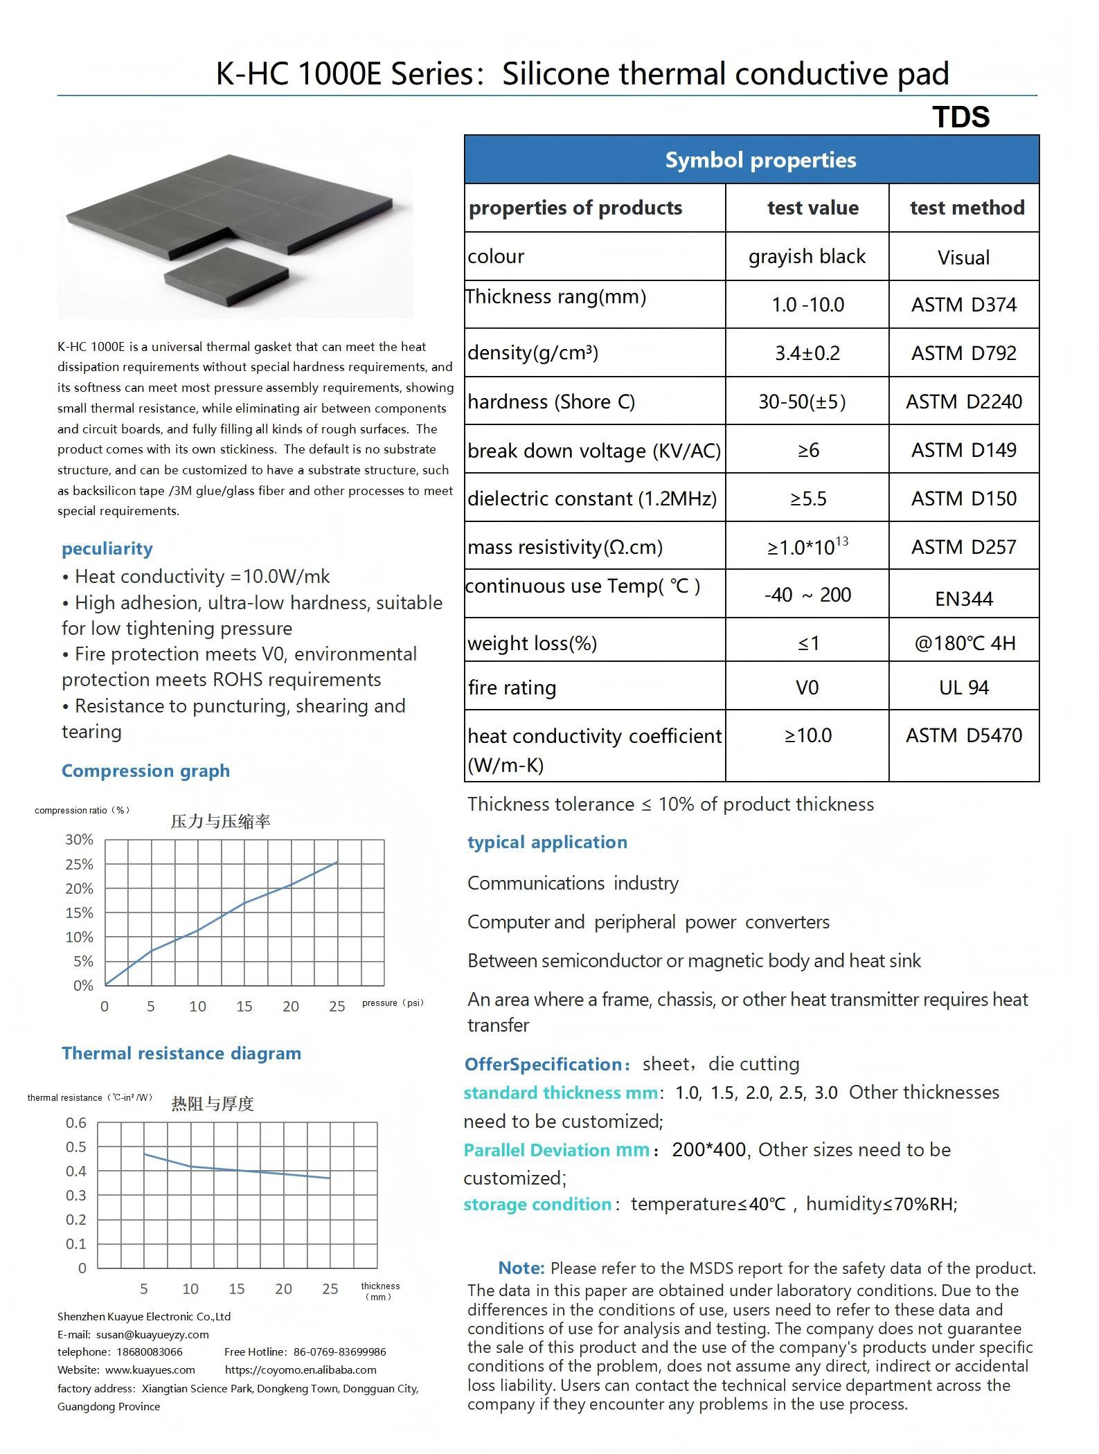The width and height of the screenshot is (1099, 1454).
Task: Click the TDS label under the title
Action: [960, 117]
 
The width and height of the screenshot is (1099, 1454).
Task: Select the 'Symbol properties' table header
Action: [760, 160]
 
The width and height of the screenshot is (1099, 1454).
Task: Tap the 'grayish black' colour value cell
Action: [807, 256]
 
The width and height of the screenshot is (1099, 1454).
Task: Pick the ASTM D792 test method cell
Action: [963, 353]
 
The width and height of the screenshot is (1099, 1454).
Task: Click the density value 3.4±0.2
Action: [807, 353]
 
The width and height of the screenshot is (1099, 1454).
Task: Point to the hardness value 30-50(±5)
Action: [802, 402]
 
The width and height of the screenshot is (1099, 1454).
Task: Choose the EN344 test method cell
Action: [963, 598]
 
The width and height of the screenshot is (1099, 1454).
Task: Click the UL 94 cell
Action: [963, 688]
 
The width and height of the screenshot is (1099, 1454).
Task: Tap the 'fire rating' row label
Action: [512, 688]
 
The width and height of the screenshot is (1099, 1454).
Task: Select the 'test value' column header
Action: [812, 208]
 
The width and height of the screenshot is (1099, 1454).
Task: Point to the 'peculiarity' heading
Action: [107, 548]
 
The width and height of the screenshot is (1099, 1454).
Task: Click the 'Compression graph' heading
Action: [145, 771]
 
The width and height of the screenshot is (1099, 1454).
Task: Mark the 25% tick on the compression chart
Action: [79, 864]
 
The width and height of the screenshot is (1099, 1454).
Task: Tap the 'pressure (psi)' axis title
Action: [392, 1003]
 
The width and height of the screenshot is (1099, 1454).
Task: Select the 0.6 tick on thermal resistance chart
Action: [76, 1122]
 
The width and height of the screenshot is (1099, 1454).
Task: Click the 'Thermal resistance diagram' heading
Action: [181, 1053]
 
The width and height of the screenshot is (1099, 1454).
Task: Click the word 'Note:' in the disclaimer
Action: [521, 1268]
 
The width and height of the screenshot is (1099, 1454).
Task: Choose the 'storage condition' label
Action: [537, 1204]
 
